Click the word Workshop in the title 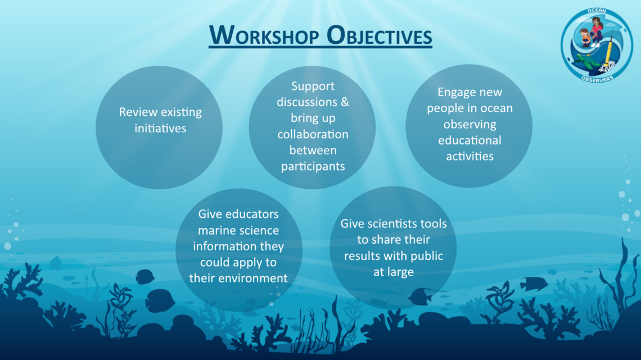tap(264, 35)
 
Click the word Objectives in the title tap(380, 35)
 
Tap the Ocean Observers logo tap(597, 46)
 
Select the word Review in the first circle tap(138, 112)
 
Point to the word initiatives tap(160, 128)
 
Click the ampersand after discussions tap(345, 102)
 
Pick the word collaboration tap(313, 134)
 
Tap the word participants tap(313, 166)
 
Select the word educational tap(470, 140)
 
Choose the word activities tap(470, 156)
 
